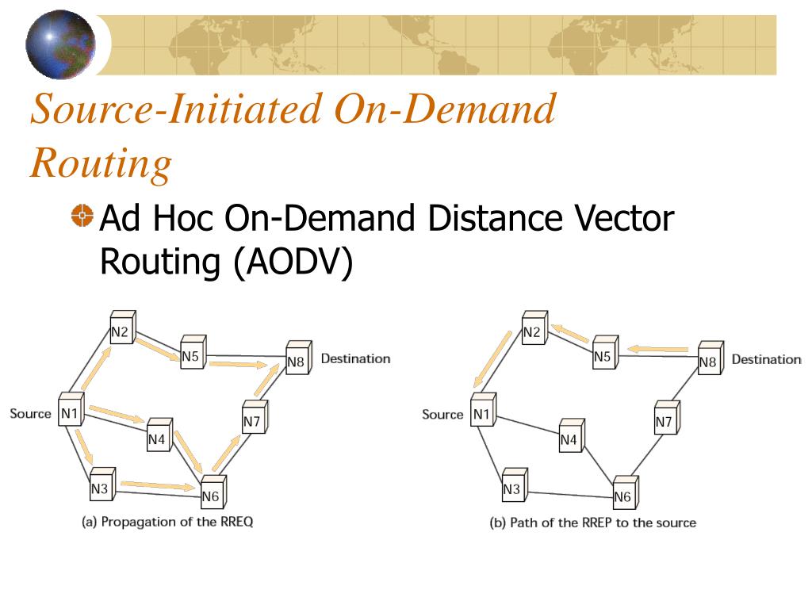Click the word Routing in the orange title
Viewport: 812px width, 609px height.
pos(101,164)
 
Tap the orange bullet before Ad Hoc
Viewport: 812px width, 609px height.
pos(82,216)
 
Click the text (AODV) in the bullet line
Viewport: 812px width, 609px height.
pos(293,262)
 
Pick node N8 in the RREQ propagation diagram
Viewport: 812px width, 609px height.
pos(297,360)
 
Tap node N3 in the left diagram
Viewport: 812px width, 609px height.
pos(100,487)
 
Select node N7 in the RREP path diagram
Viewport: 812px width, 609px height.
pos(665,420)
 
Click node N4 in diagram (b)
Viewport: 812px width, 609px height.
pos(569,437)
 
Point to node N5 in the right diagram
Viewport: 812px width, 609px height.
pos(603,354)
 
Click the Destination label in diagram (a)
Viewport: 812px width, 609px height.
pos(355,358)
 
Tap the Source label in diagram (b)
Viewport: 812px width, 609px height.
pos(442,414)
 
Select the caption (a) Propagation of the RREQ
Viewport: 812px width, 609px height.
pos(167,522)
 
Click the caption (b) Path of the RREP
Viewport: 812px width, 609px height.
pos(592,523)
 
